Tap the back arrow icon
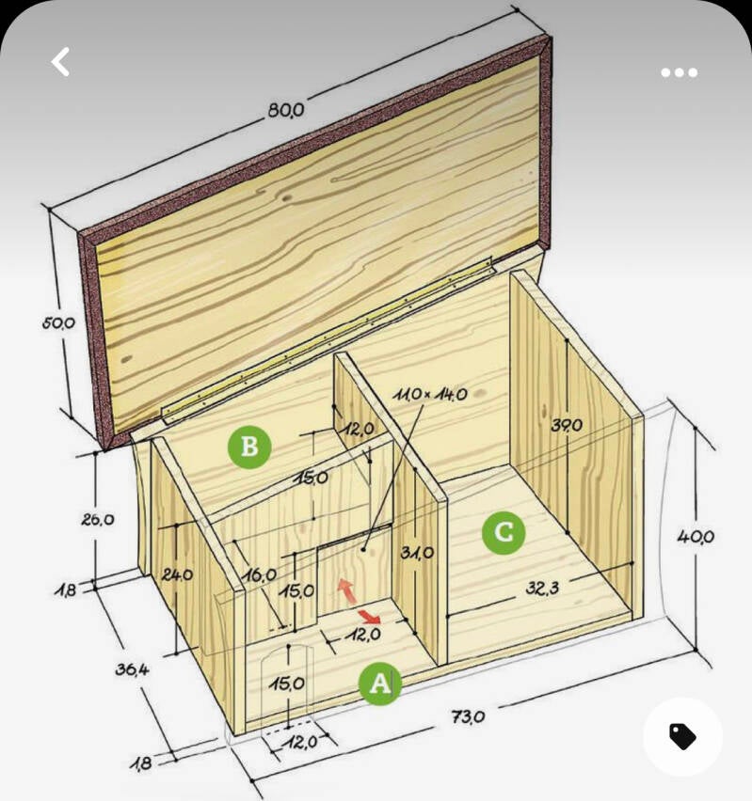coord(60,62)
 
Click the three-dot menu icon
coord(679,72)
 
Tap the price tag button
coord(682,736)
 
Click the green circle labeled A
coord(379,683)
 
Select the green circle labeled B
coord(249,446)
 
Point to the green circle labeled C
coord(504,532)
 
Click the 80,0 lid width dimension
coord(286,110)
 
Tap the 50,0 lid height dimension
coord(58,322)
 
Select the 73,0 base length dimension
coord(468,716)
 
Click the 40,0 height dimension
coord(696,537)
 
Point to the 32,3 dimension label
coord(542,589)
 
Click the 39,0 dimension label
coord(567,425)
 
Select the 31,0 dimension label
coord(418,552)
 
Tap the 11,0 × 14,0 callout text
coord(430,394)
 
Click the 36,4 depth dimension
coord(132,669)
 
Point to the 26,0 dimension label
coord(97,520)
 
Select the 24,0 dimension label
coord(177,574)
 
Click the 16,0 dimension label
coord(260,575)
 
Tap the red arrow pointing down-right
coord(369,616)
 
